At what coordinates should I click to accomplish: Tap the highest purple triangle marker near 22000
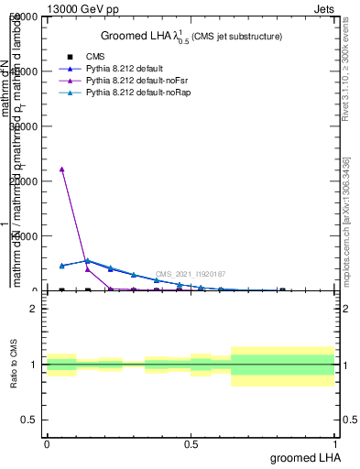[x=61, y=169]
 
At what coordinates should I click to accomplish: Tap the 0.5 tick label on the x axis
[x=191, y=444]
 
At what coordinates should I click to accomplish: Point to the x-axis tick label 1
[x=335, y=444]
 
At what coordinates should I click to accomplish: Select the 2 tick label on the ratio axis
[x=34, y=309]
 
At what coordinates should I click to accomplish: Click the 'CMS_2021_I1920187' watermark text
[x=191, y=274]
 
